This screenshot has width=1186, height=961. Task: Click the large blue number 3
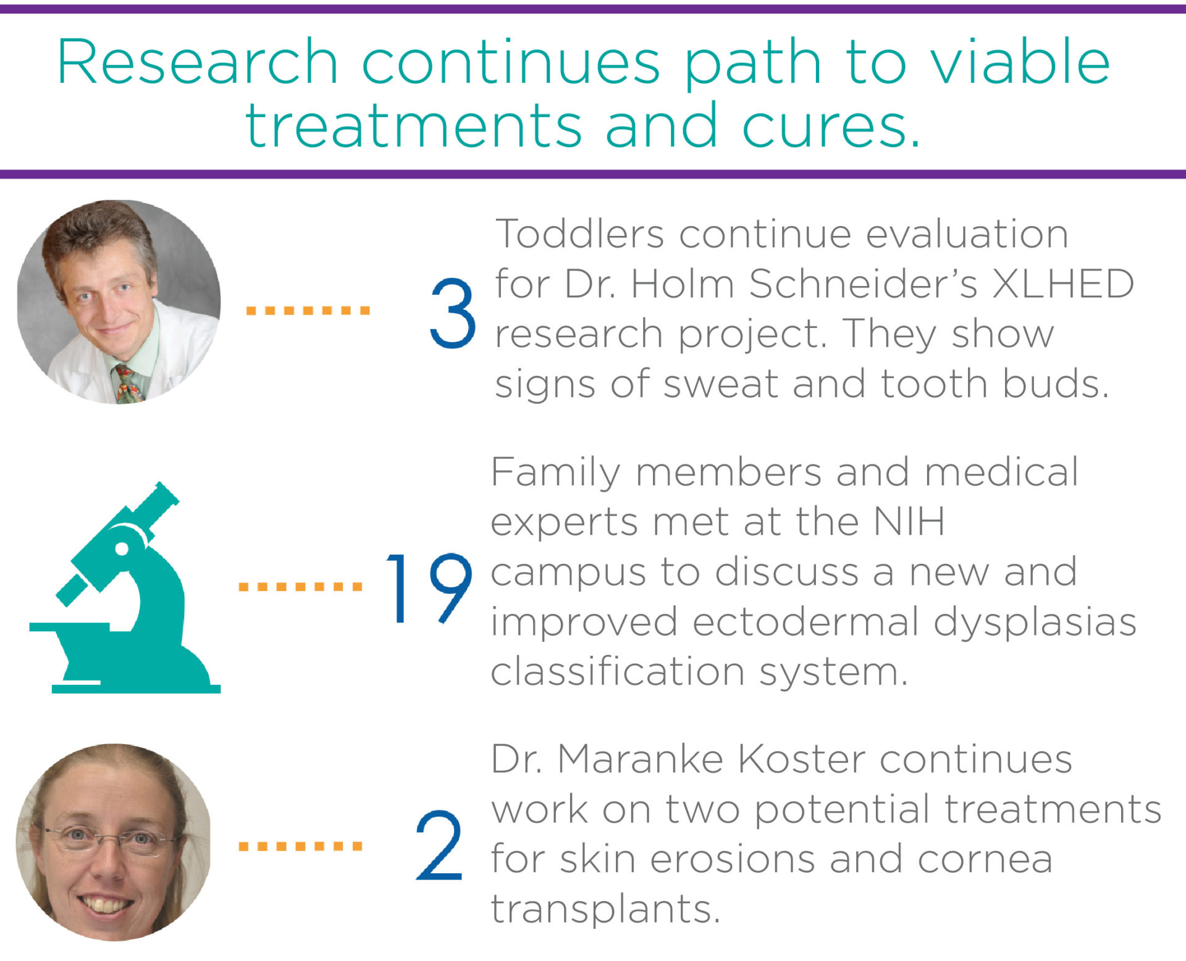[453, 313]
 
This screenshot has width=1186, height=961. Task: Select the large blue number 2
[439, 845]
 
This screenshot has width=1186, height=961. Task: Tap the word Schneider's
[863, 283]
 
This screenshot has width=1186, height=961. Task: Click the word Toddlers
[580, 234]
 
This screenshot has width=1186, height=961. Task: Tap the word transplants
[605, 910]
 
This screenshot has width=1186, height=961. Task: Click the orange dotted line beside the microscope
[300, 587]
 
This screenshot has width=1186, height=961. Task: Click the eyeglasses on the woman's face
[110, 840]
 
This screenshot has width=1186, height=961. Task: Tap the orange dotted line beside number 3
[308, 310]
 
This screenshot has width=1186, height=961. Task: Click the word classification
[618, 671]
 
